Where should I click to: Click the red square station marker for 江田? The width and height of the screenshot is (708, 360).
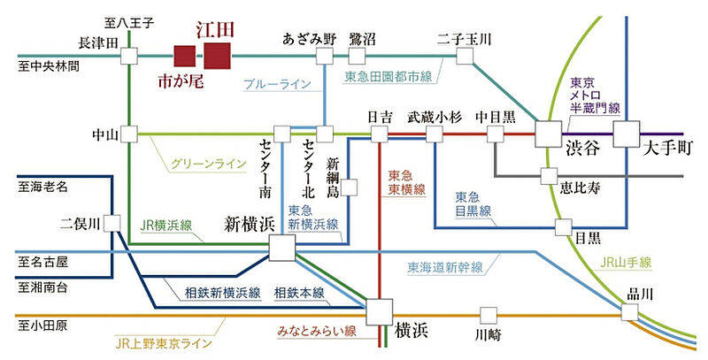pos(217,57)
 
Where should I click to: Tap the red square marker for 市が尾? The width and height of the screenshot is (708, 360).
pos(185,57)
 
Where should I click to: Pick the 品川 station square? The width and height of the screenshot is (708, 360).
pos(629,312)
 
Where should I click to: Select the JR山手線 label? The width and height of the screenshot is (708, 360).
pos(625,263)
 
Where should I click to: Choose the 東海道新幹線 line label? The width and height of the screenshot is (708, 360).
pos(448,265)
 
